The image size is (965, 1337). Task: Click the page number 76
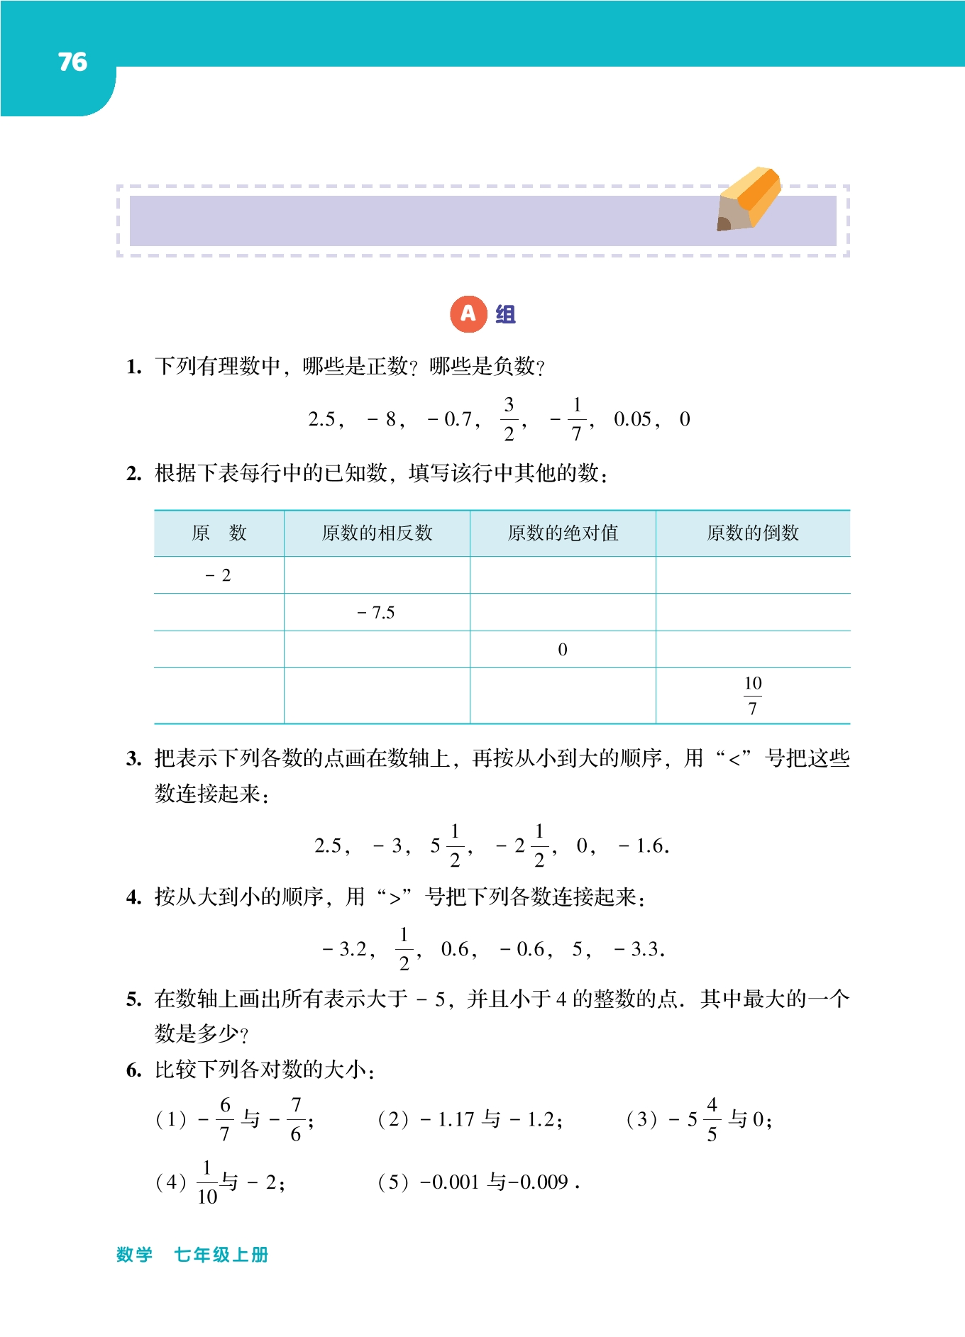(72, 62)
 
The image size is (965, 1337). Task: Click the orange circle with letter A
(468, 314)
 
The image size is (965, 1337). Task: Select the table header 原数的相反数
(377, 533)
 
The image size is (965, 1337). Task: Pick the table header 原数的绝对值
(563, 533)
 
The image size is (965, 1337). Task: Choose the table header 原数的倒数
(753, 533)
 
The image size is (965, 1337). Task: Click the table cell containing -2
(219, 575)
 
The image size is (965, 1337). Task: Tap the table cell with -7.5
(376, 613)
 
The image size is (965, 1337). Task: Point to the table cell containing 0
(563, 650)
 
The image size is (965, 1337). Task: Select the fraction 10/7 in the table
(753, 696)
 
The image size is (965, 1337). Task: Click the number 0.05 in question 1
(633, 419)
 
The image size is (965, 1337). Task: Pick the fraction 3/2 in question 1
(509, 419)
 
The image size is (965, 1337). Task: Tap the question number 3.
(133, 760)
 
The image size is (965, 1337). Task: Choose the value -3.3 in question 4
(638, 949)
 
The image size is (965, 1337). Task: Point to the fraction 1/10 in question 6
(207, 1182)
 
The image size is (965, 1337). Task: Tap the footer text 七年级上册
(221, 1255)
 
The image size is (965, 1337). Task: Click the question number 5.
(133, 1000)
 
